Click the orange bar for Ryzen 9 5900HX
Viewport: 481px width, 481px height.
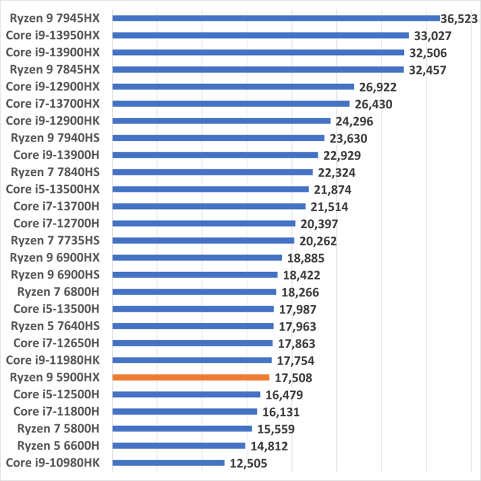pos(190,377)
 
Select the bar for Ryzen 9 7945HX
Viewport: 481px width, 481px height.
pos(276,18)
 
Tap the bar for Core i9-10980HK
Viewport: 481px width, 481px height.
pos(168,463)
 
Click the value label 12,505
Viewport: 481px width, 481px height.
pos(247,463)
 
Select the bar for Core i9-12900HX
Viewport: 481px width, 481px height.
pos(233,86)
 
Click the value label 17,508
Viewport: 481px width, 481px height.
pos(292,378)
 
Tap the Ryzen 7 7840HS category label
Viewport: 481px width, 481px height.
pos(56,172)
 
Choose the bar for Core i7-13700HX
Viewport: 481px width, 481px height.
pos(230,104)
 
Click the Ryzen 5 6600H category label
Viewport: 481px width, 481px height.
pos(58,446)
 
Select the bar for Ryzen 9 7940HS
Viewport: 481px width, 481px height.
pos(218,138)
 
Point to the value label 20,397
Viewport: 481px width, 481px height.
pos(318,224)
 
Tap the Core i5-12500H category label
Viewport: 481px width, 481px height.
pos(57,395)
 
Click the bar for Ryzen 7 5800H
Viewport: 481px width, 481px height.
pos(182,428)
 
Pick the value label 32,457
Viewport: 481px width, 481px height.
pos(427,70)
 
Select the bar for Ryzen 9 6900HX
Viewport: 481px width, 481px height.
pos(197,257)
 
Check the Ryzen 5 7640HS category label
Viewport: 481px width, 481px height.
pos(56,326)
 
